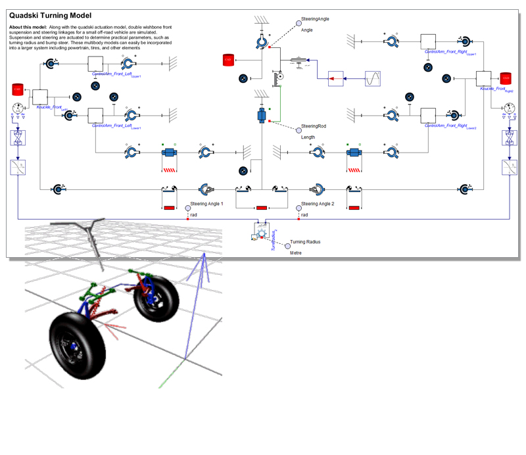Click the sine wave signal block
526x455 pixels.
pyautogui.click(x=373, y=78)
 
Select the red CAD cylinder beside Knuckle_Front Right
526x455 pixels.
pyautogui.click(x=506, y=79)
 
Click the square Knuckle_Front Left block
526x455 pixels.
pyautogui.click(x=41, y=97)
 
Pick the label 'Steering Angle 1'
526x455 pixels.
pyautogui.click(x=206, y=204)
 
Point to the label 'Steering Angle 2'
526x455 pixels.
pyautogui.click(x=318, y=204)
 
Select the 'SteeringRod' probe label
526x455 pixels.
pyautogui.click(x=314, y=126)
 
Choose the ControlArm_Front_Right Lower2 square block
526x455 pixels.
pyautogui.click(x=428, y=114)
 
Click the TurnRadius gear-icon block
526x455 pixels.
pyautogui.click(x=261, y=232)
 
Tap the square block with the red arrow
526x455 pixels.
pyautogui.click(x=336, y=78)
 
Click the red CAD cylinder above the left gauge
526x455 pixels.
pyautogui.click(x=18, y=89)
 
